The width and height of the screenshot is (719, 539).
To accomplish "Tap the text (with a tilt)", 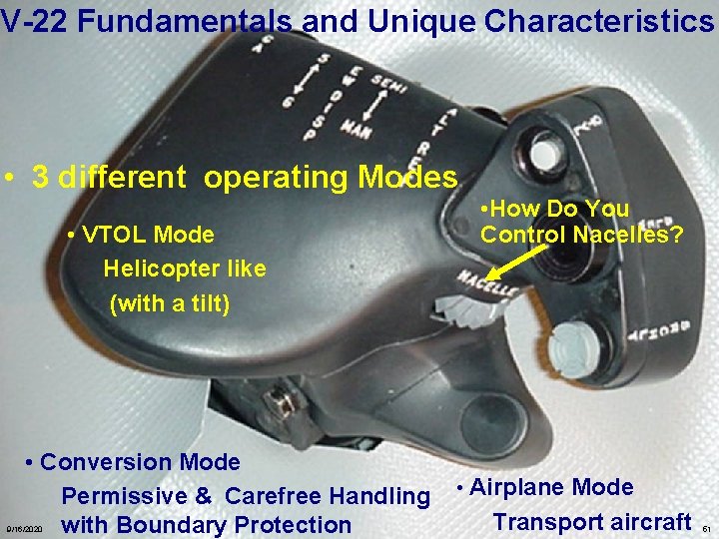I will coord(169,302).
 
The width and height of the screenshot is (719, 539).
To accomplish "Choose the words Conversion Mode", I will coord(140,463).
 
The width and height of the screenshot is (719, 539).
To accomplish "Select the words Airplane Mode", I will coord(550,488).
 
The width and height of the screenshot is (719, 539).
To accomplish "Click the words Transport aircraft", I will coord(591,522).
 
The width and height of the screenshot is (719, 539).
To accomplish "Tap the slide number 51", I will coord(705,528).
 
